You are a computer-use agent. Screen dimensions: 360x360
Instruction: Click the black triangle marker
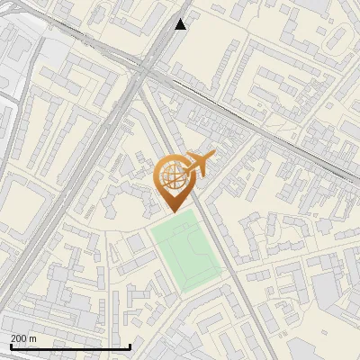click(181, 24)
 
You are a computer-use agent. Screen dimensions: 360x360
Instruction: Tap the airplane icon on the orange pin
click(199, 163)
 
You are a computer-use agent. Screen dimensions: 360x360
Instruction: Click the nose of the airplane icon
click(214, 157)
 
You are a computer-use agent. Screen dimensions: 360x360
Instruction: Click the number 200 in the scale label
click(18, 338)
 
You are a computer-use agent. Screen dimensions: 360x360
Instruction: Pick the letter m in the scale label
click(33, 338)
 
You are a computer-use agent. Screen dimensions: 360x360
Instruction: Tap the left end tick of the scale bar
click(10, 346)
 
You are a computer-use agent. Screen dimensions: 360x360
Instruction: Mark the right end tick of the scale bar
click(130, 346)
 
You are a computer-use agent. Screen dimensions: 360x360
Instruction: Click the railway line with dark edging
click(252, 117)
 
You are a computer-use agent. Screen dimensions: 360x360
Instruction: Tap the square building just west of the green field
click(136, 243)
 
